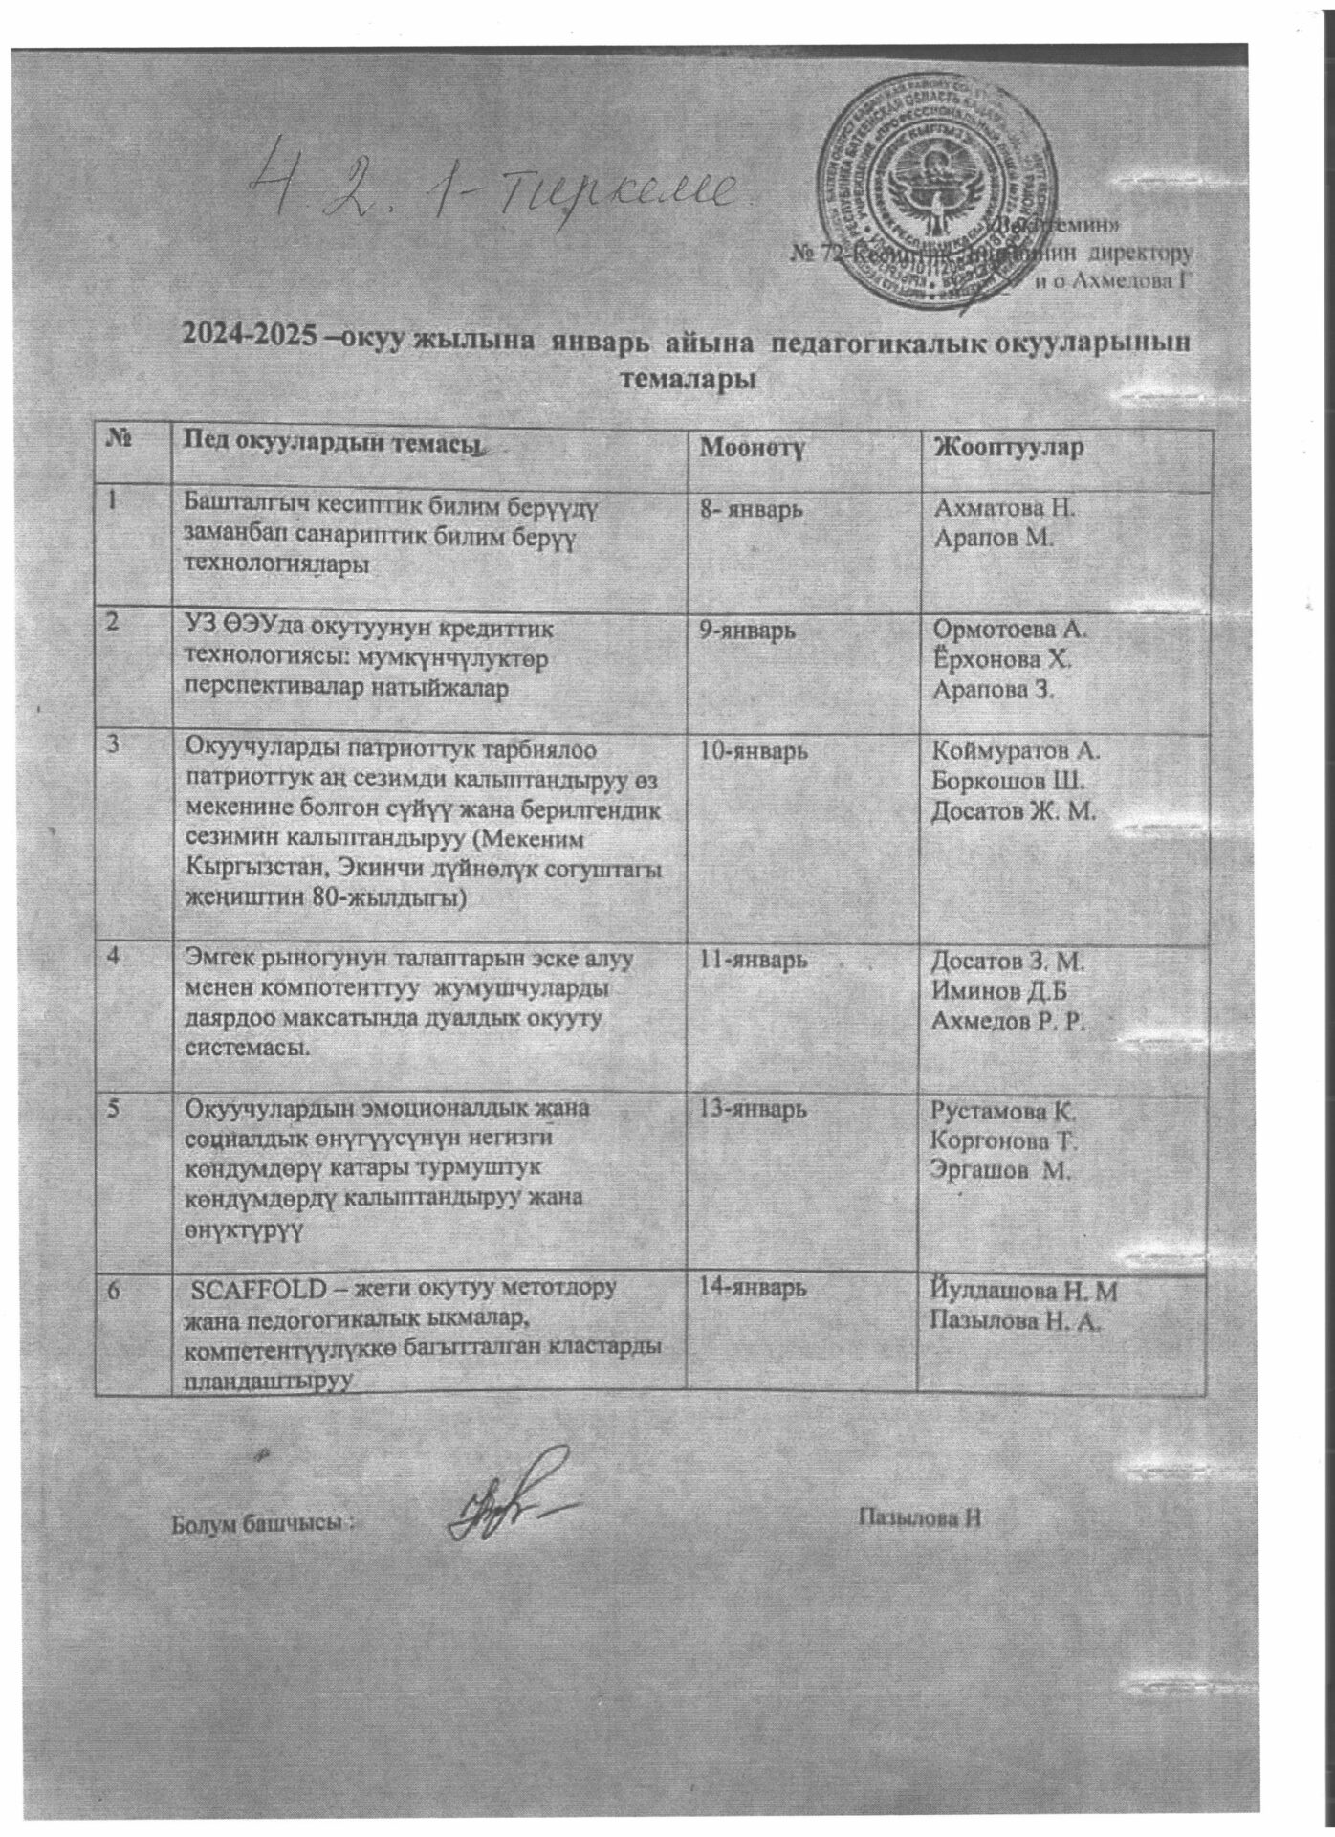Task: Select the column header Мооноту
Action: (x=755, y=447)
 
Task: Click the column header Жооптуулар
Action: (x=1013, y=447)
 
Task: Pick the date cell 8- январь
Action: (x=755, y=509)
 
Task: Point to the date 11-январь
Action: (x=755, y=960)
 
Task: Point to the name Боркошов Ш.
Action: (x=1008, y=781)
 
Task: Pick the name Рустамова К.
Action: (x=1004, y=1113)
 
